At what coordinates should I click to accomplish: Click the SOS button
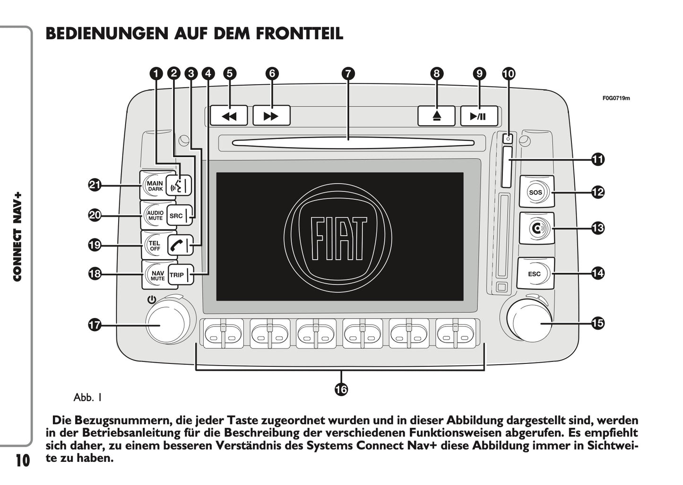pos(536,192)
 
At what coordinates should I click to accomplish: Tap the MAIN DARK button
pos(155,185)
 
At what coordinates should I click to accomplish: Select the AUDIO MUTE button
pos(155,215)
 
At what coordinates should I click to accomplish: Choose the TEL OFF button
pos(155,245)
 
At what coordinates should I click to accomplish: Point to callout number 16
pos(341,389)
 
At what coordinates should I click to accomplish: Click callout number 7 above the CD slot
pos(348,73)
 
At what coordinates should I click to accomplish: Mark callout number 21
pos(95,185)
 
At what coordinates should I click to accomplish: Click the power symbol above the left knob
pos(151,300)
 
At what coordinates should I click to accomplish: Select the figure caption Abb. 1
pos(88,397)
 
